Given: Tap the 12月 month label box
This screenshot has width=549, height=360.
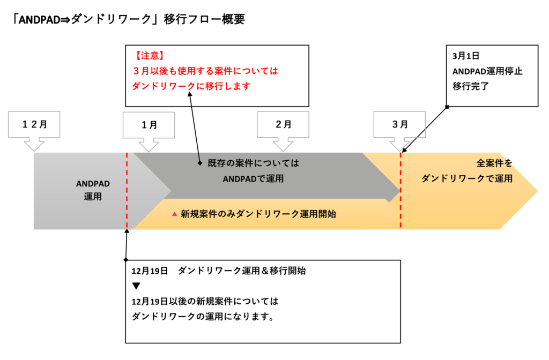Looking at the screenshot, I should [34, 125].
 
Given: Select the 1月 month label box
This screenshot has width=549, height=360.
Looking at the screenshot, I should [149, 125].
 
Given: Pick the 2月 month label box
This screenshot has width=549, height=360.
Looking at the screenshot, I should [283, 125].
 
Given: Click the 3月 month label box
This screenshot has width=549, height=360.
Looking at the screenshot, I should [399, 125].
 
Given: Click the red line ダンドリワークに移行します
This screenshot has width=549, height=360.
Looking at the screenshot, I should [191, 86].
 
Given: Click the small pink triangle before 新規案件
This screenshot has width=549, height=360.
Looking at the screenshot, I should [174, 214].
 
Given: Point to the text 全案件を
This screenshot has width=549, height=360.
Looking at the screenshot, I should [494, 162].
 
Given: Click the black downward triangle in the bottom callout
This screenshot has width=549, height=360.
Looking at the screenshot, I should [136, 286].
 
